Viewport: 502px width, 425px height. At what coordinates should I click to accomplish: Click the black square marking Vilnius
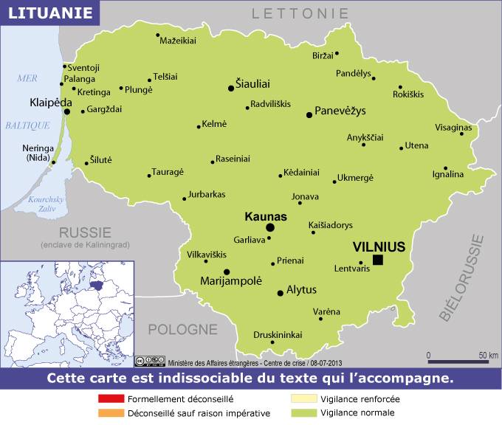[378, 260]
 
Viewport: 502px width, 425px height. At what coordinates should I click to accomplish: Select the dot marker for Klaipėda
[67, 112]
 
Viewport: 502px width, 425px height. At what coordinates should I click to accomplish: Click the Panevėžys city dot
[309, 114]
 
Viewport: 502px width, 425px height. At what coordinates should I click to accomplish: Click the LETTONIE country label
[299, 13]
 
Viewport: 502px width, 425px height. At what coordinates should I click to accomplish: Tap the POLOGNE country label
[182, 328]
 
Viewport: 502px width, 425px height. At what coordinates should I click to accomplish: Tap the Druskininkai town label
[278, 334]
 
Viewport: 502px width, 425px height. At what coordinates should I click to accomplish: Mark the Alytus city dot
[280, 294]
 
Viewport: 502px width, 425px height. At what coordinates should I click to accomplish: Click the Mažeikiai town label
[179, 40]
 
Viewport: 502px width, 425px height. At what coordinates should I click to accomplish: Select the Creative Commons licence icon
[150, 362]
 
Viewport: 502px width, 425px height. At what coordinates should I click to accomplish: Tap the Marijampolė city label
[231, 280]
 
